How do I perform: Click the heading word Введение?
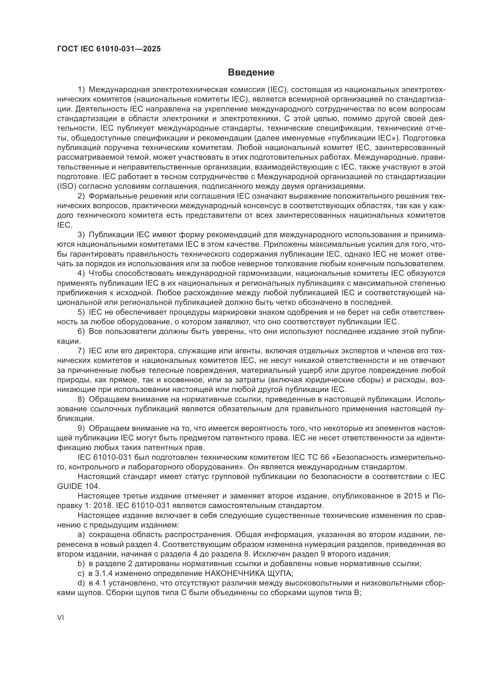[251, 73]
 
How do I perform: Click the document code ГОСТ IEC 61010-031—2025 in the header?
[109, 49]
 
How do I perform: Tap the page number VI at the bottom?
[61, 618]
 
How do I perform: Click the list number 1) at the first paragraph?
[81, 89]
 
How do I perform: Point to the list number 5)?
[81, 312]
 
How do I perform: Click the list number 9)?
[81, 428]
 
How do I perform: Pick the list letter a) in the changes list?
[81, 534]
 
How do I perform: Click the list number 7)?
[81, 351]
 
